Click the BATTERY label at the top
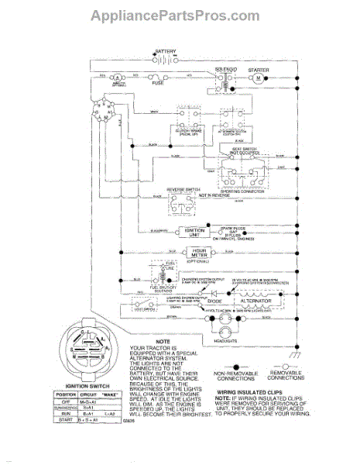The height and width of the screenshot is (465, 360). (166, 51)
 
